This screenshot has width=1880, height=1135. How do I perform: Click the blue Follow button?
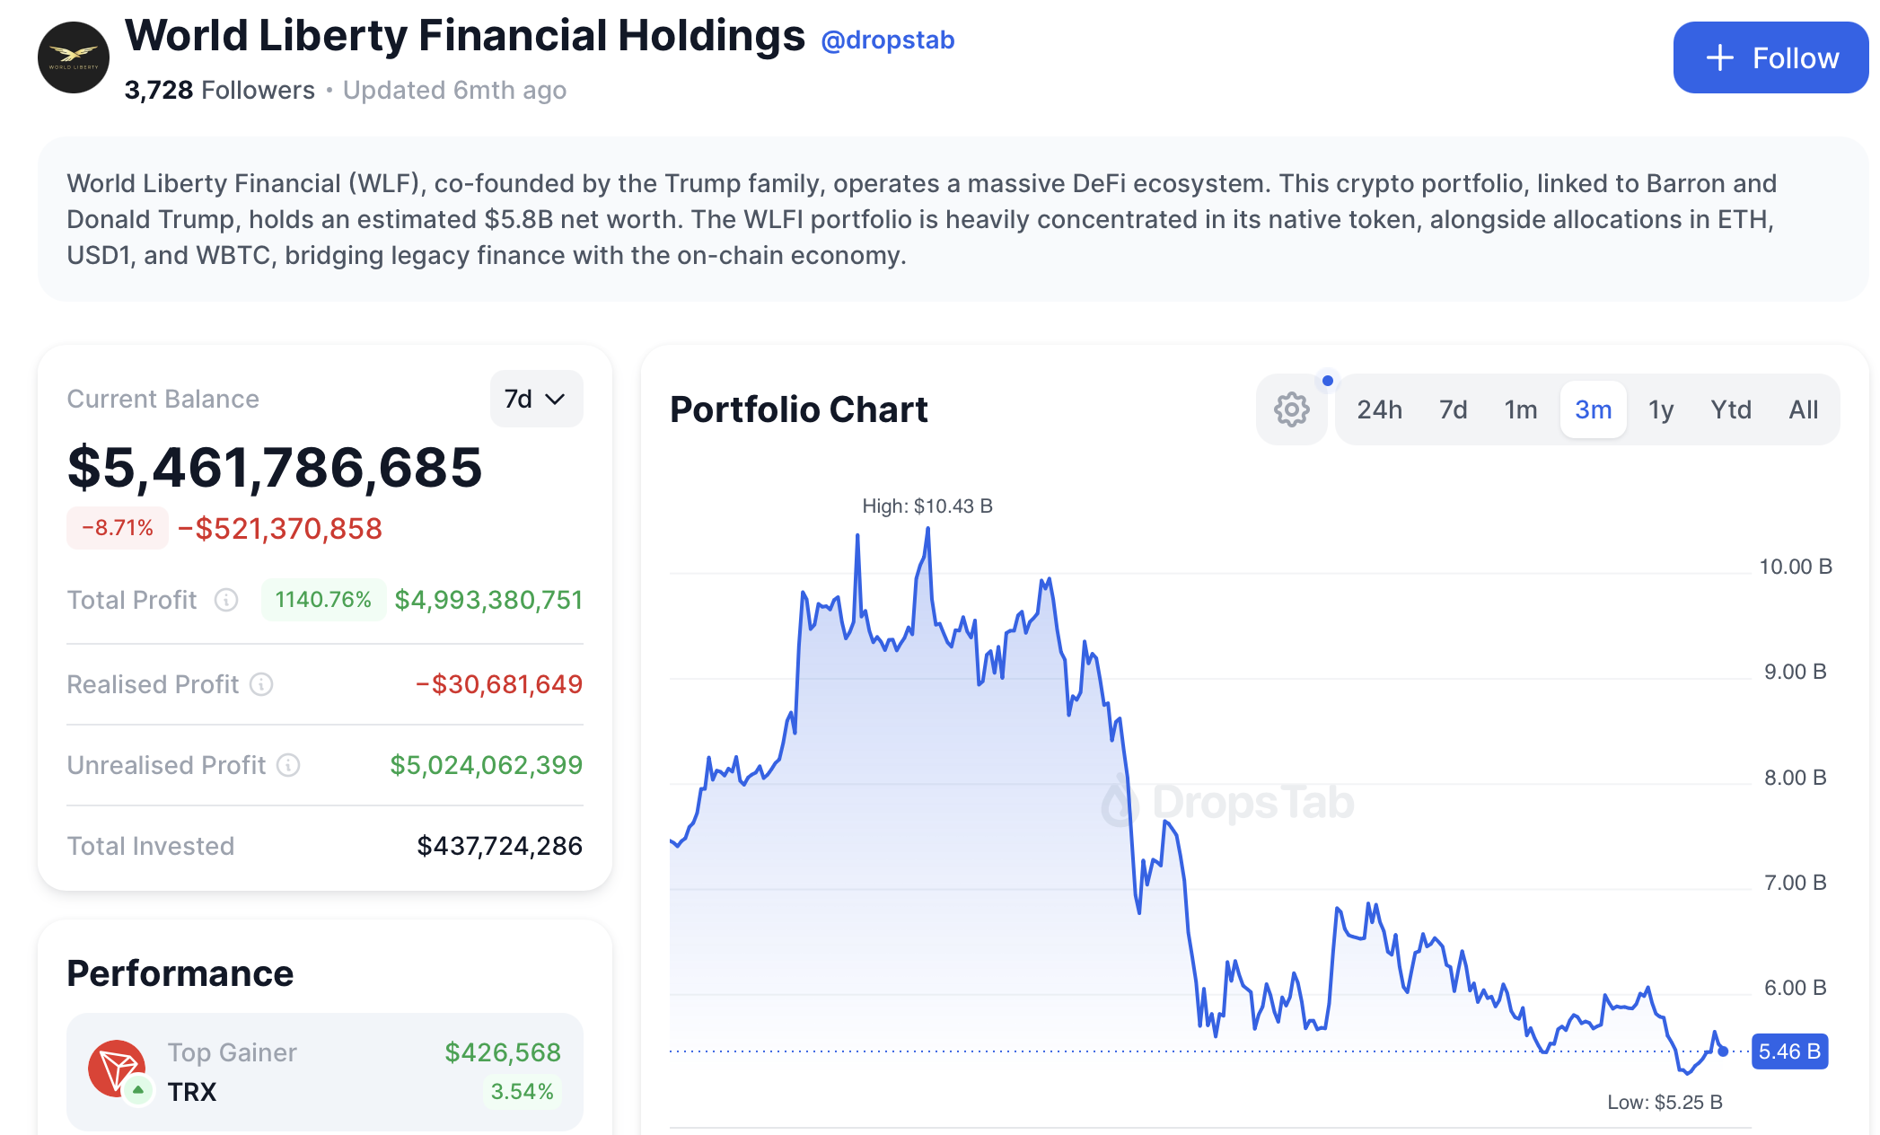[x=1770, y=57]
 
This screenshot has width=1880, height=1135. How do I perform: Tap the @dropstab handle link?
[x=887, y=40]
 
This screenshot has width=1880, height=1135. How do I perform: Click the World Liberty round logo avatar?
[x=74, y=57]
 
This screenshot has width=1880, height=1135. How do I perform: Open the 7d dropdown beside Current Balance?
[x=536, y=399]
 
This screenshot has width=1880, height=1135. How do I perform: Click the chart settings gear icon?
[x=1291, y=409]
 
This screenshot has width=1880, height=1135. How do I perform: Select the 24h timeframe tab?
[x=1379, y=409]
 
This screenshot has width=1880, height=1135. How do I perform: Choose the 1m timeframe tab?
[x=1520, y=409]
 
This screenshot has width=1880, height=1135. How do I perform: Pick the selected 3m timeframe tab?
[x=1593, y=409]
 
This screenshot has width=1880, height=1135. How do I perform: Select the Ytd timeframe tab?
[x=1730, y=409]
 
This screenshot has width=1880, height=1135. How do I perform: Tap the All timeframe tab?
[x=1803, y=409]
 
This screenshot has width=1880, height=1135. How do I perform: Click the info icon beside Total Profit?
[x=226, y=600]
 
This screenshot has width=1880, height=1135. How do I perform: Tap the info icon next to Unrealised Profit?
[x=288, y=765]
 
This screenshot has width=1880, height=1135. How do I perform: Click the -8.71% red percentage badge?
[x=118, y=528]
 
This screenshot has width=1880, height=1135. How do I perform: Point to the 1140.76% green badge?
[x=323, y=600]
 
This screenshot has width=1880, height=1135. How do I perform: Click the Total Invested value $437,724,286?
[x=499, y=846]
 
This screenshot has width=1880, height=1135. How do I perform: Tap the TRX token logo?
[x=117, y=1069]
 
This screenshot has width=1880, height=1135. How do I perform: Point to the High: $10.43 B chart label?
[x=927, y=506]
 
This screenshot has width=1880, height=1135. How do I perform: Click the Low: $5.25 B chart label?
[x=1665, y=1103]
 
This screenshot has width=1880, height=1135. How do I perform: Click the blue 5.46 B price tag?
[x=1788, y=1051]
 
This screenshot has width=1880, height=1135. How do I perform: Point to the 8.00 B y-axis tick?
[x=1795, y=778]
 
